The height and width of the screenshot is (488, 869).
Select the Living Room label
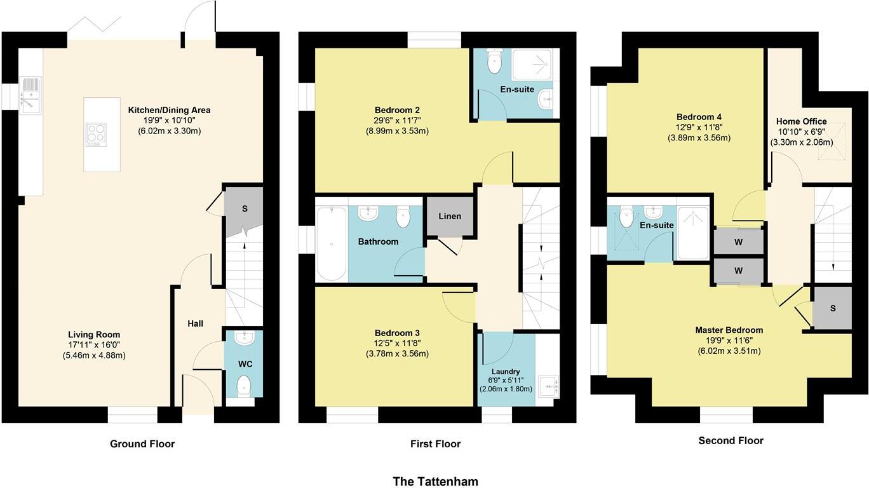tap(94, 335)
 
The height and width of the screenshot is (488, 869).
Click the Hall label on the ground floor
tap(195, 324)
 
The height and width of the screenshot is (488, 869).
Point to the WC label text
tap(246, 364)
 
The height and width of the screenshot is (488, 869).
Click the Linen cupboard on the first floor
tap(450, 217)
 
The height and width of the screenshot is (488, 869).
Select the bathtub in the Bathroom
tap(331, 242)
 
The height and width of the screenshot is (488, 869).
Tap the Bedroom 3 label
tap(397, 333)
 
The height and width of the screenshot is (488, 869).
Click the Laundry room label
tap(506, 372)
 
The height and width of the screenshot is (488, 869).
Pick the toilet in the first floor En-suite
tap(494, 61)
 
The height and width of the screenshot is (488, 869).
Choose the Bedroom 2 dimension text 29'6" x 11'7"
tap(396, 121)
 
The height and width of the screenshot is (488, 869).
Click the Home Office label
tap(802, 121)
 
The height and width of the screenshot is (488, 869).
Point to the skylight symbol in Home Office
tap(834, 143)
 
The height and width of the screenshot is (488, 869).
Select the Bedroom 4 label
tap(699, 117)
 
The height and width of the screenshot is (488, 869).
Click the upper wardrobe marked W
tap(738, 241)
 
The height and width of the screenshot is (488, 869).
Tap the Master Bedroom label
tap(729, 330)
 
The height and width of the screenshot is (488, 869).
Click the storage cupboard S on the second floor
tap(832, 308)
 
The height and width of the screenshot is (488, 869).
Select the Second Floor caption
tap(731, 440)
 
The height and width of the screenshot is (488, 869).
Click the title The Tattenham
tap(435, 481)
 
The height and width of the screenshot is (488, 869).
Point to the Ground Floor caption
tap(142, 444)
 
